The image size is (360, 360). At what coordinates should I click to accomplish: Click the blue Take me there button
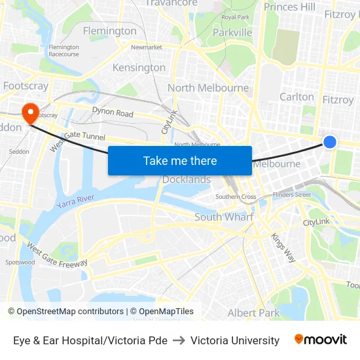pos(180,160)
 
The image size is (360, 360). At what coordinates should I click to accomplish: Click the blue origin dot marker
pos(330,141)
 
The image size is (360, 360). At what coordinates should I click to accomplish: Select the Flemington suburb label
pos(110,31)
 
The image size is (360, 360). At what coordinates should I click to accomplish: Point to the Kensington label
pos(139,67)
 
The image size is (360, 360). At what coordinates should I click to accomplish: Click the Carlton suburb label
pos(297,97)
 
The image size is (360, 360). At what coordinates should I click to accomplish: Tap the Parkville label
pos(232,32)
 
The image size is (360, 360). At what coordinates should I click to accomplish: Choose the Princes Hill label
pos(289,7)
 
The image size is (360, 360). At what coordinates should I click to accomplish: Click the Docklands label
pos(187,179)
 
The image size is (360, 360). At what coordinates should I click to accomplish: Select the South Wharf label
pos(224,217)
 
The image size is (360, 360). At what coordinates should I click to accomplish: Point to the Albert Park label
pos(254,313)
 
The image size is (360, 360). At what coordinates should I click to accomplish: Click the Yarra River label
pos(76,201)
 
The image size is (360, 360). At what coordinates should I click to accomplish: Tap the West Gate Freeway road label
pos(57,255)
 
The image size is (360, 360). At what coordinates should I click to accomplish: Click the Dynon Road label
pos(113,113)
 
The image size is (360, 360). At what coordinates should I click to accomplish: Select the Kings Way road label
pos(283,247)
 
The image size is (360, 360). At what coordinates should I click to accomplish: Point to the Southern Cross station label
pos(236,197)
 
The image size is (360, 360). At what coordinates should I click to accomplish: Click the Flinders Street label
pos(292,194)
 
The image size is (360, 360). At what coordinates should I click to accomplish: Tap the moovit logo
pos(321,339)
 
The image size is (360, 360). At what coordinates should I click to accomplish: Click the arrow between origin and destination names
pos(179,340)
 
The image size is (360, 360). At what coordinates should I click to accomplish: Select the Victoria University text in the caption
pos(235,340)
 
